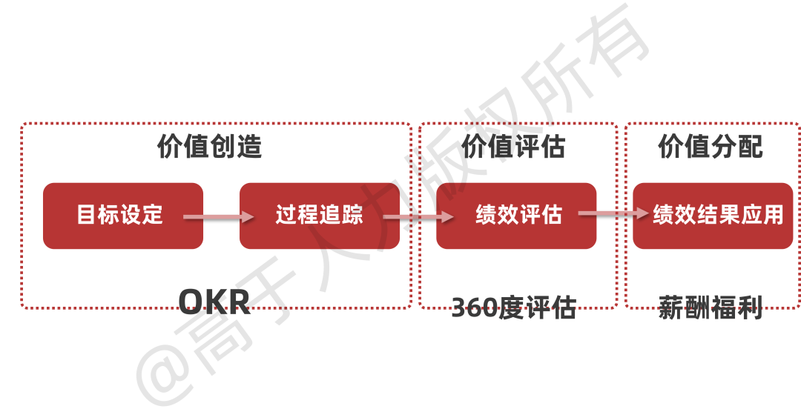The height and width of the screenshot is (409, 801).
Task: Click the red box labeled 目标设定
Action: (x=122, y=216)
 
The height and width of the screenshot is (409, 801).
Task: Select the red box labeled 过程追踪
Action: (x=320, y=216)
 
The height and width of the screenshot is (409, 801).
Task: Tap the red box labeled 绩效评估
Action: (x=516, y=216)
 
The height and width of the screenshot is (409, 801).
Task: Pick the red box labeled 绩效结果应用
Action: (x=713, y=216)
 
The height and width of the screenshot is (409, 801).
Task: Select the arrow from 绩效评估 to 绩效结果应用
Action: (x=614, y=213)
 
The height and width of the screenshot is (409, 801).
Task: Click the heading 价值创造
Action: (x=210, y=147)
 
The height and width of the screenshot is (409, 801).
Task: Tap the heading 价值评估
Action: (x=514, y=147)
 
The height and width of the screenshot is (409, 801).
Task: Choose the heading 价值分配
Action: (x=711, y=147)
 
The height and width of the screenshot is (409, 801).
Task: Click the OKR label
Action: (x=214, y=303)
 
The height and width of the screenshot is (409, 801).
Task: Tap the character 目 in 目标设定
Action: (x=88, y=215)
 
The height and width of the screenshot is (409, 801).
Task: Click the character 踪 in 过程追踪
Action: (x=352, y=215)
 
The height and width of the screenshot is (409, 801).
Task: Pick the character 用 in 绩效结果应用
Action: (x=773, y=215)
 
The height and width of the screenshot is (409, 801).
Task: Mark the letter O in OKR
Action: (x=191, y=303)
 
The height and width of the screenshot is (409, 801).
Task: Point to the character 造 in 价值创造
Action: (x=249, y=147)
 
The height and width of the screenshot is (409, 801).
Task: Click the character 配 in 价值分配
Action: (x=750, y=147)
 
